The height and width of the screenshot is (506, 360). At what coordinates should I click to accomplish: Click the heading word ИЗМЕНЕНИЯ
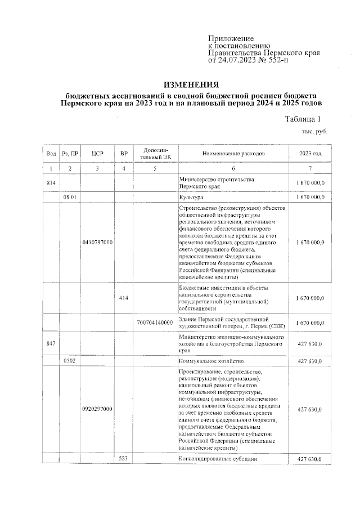pos(194,83)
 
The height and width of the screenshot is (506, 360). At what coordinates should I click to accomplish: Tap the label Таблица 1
pos(303,119)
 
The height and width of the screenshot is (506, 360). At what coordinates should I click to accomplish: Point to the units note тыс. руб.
pos(315,131)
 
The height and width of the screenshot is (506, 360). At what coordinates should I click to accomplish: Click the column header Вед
pos(51,154)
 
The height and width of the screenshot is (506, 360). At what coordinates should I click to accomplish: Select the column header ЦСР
pos(97,154)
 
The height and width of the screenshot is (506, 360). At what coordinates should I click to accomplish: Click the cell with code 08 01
pos(70,198)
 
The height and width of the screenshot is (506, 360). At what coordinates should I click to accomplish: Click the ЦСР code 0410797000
pos(97,242)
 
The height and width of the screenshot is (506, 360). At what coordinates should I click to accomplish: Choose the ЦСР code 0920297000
pos(97,409)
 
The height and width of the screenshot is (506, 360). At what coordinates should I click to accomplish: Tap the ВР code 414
pos(124,298)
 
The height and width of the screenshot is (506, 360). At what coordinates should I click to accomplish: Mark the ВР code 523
pos(124,459)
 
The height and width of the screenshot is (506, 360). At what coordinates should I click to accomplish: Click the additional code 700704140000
pos(155,323)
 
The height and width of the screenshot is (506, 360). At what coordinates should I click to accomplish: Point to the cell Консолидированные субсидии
pos(218,459)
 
